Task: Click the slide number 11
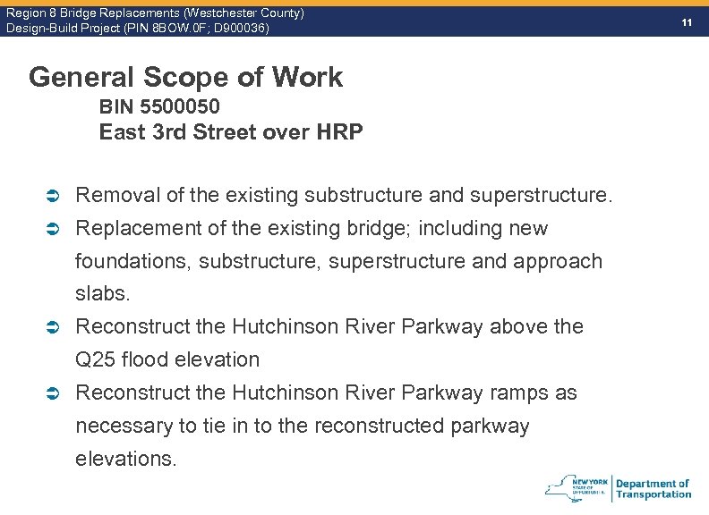[x=687, y=21]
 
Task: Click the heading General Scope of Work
[x=185, y=77]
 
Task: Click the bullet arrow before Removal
[x=53, y=195]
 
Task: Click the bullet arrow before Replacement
[x=53, y=229]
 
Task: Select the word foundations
[x=132, y=261]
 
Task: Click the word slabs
[x=102, y=293]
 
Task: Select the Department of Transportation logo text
[x=653, y=488]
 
